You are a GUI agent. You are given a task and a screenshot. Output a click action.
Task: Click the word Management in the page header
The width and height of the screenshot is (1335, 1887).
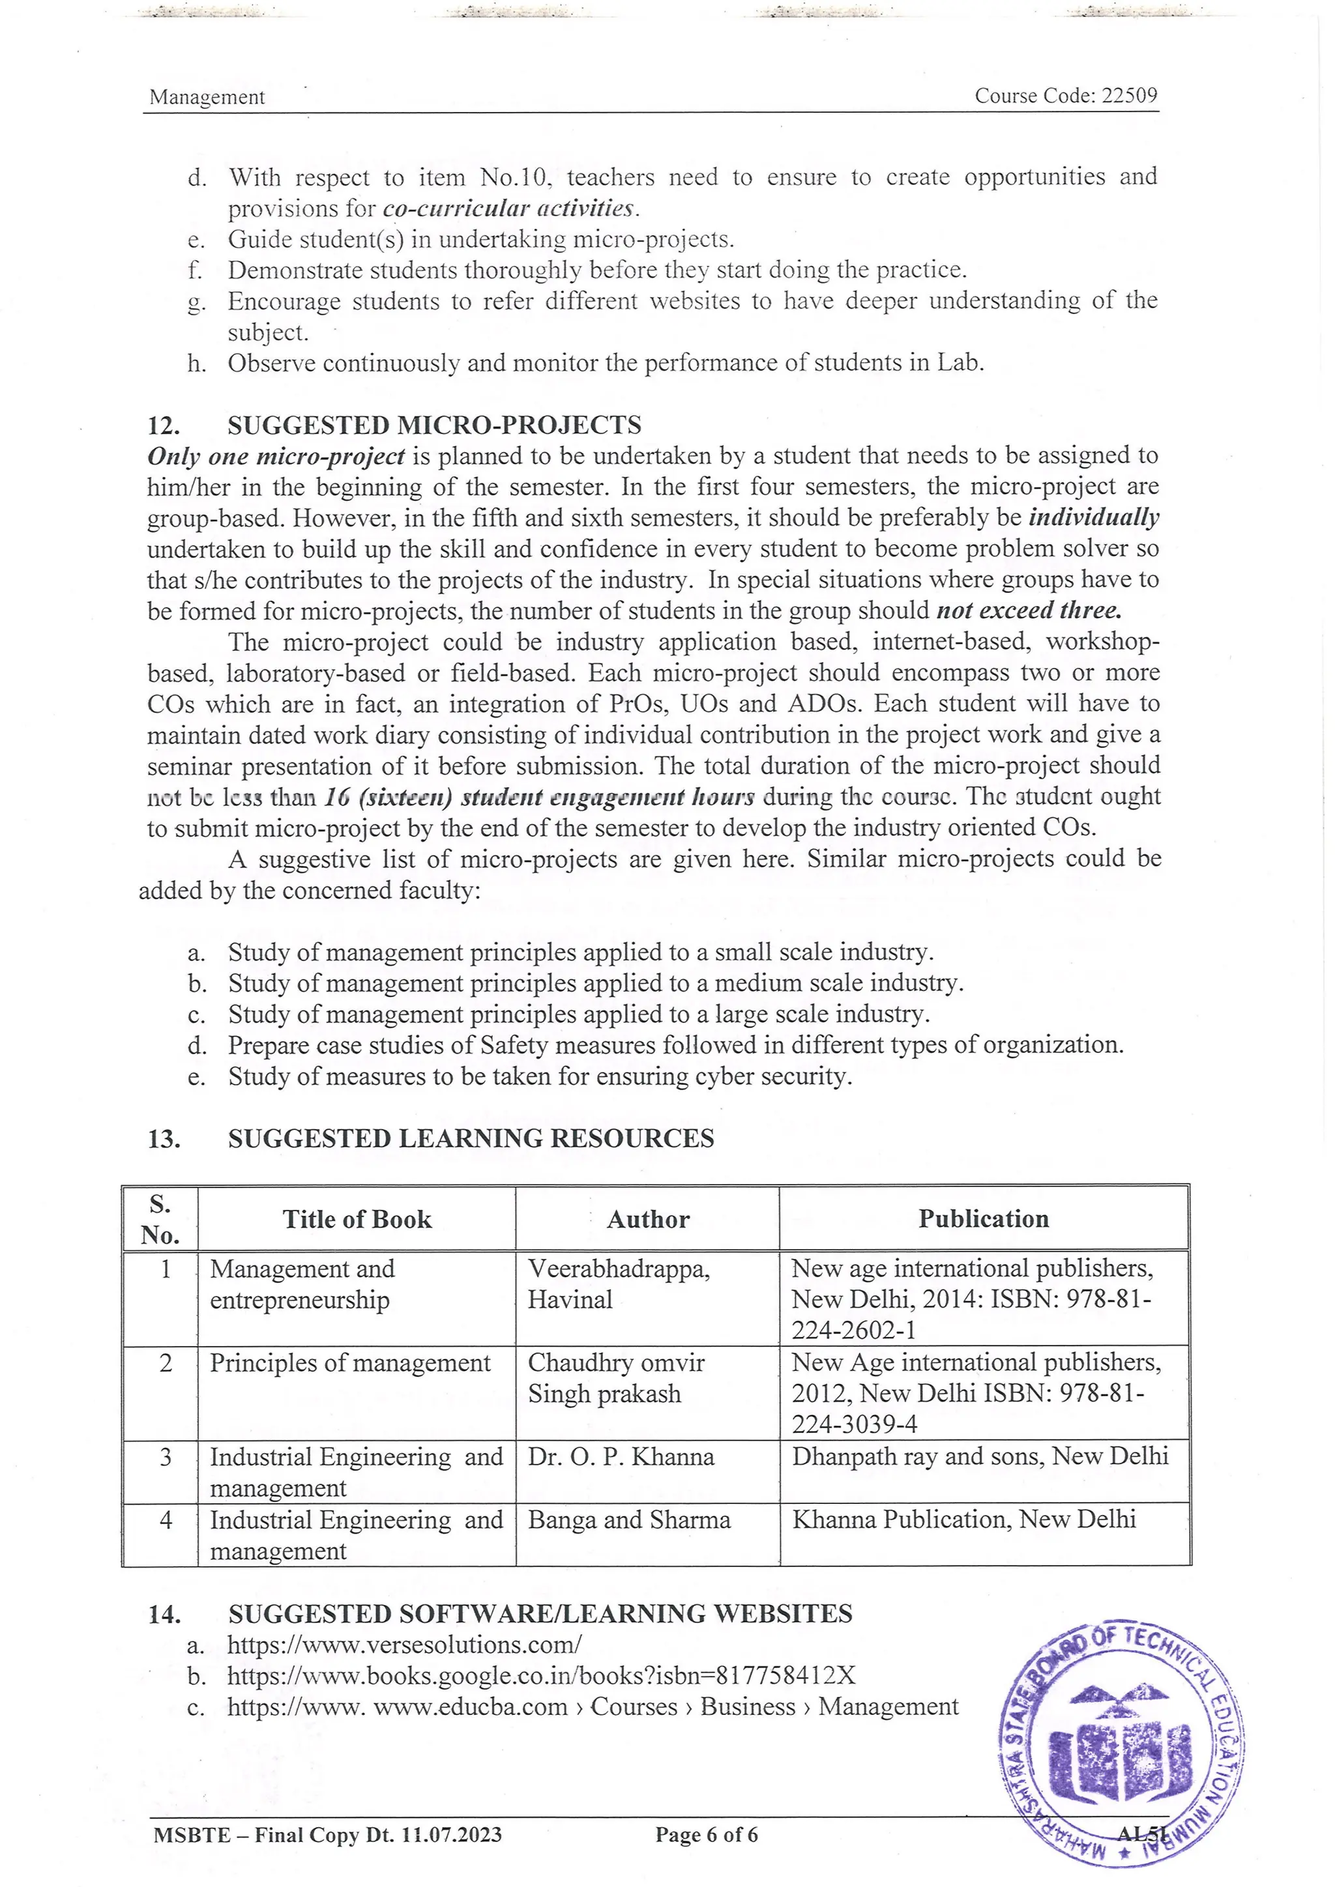point(207,97)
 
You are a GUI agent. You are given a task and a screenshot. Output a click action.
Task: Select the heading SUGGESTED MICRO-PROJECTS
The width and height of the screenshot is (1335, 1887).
point(434,425)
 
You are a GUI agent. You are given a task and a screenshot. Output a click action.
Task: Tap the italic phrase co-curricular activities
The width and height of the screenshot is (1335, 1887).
point(510,208)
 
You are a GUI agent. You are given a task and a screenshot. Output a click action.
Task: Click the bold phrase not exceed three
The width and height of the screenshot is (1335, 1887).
point(1029,611)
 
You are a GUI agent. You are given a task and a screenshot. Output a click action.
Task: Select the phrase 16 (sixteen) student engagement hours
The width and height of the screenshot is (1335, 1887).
point(539,796)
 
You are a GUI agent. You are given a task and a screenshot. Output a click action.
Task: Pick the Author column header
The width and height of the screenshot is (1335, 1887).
point(648,1219)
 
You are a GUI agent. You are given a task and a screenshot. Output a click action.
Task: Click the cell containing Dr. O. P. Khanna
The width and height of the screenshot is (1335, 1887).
point(621,1457)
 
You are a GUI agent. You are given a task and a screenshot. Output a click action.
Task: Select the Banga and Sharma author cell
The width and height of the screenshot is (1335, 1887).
point(629,1520)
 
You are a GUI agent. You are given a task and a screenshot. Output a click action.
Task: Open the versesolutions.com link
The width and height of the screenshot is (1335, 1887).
point(404,1645)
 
